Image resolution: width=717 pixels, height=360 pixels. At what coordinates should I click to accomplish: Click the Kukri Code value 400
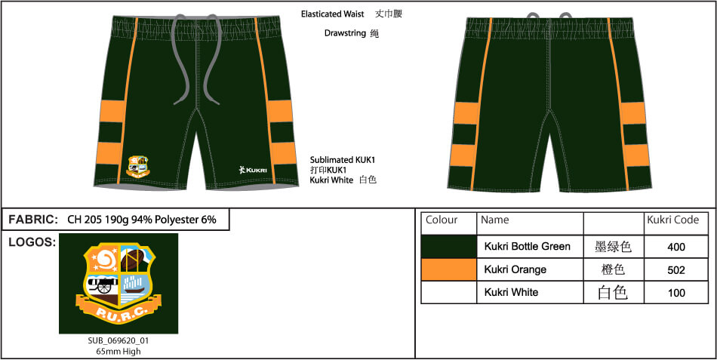pyautogui.click(x=676, y=247)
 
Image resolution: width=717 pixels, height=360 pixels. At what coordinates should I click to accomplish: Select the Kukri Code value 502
pyautogui.click(x=676, y=270)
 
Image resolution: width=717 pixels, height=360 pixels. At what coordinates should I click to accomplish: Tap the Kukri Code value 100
pyautogui.click(x=676, y=293)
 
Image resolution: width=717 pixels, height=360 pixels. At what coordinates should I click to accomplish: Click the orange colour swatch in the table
pyautogui.click(x=448, y=269)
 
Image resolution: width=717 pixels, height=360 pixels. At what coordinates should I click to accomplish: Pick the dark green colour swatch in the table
pyautogui.click(x=448, y=247)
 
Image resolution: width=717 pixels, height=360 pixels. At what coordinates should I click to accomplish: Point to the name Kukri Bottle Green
pyautogui.click(x=528, y=247)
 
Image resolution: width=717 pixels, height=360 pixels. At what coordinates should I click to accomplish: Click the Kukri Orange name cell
pyautogui.click(x=515, y=269)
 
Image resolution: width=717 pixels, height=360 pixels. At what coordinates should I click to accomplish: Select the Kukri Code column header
pyautogui.click(x=672, y=220)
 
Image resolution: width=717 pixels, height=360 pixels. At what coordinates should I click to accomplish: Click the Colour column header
pyautogui.click(x=442, y=220)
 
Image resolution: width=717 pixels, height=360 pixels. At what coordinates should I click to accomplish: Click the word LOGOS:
pyautogui.click(x=32, y=242)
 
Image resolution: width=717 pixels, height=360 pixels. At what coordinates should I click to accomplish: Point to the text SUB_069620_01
pyautogui.click(x=118, y=341)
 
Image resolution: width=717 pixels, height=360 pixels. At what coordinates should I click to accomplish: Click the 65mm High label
pyautogui.click(x=118, y=351)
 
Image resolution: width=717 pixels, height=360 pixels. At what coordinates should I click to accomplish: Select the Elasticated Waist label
pyautogui.click(x=332, y=14)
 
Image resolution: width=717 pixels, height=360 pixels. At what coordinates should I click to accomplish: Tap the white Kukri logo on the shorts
pyautogui.click(x=253, y=170)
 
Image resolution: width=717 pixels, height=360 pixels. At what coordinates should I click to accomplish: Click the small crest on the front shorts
pyautogui.click(x=137, y=167)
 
